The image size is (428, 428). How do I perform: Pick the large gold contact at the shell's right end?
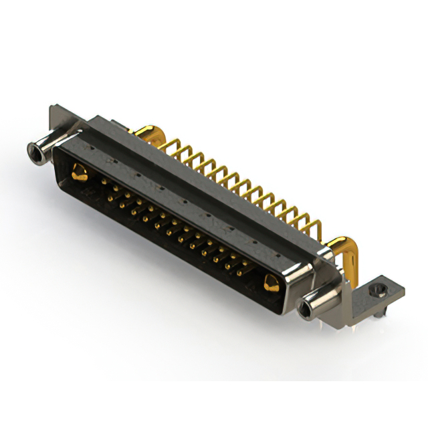coord(270,284)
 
